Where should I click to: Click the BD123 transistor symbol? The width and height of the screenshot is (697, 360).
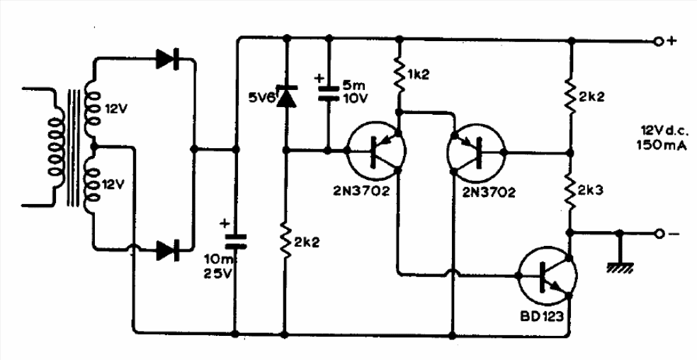[x=548, y=275]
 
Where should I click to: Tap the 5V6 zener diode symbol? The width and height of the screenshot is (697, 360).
[x=286, y=96]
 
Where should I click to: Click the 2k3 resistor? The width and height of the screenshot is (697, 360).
[x=571, y=191]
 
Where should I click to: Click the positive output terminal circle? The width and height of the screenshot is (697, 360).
[x=659, y=41]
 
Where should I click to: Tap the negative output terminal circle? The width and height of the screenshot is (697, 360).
[x=659, y=233]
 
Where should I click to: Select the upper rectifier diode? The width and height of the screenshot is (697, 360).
[x=168, y=59]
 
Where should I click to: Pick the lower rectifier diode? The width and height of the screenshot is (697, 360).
[x=168, y=250]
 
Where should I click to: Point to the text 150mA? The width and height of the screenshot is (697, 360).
[x=662, y=145]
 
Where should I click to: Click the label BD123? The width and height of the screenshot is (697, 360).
[x=542, y=317]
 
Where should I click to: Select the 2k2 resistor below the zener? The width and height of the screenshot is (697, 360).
[x=286, y=242]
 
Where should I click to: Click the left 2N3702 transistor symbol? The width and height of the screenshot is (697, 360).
[x=376, y=152]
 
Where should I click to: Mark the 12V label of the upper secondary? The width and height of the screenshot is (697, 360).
[x=115, y=108]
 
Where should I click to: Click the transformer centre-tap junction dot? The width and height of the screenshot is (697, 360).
[x=93, y=146]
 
